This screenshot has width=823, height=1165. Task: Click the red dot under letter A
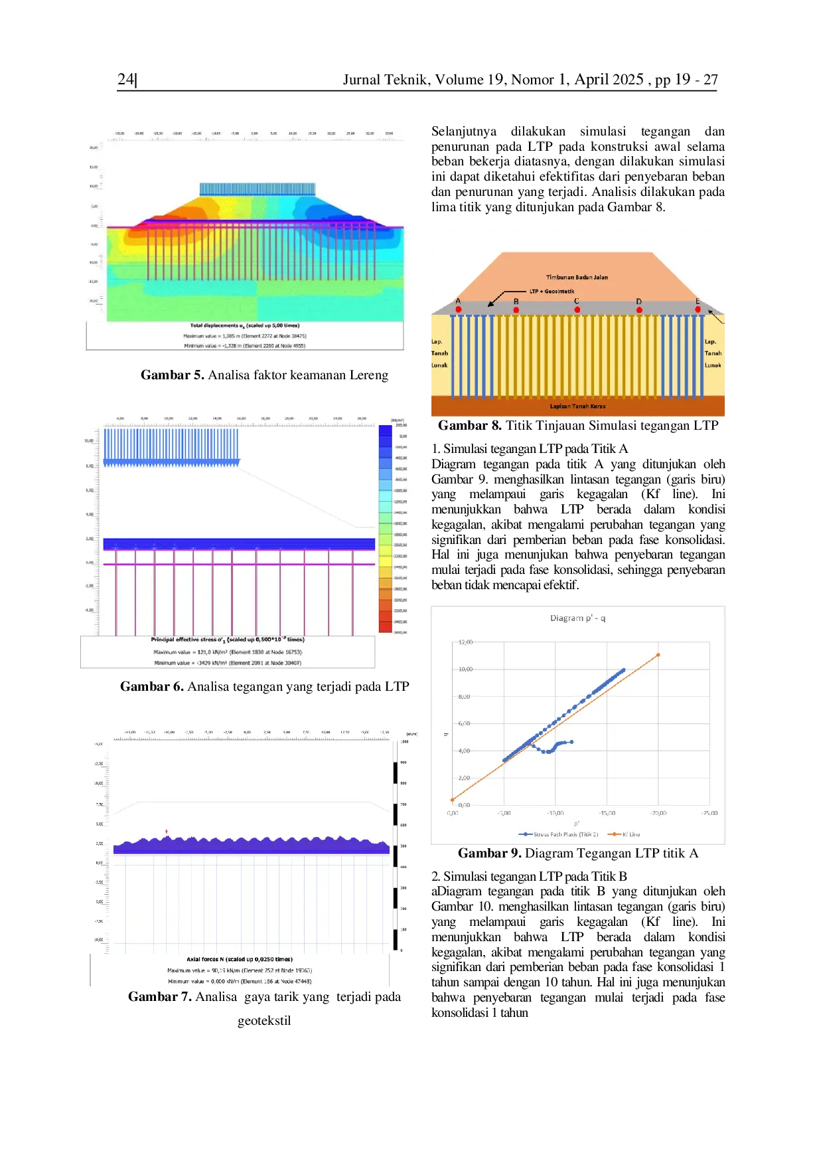click(x=459, y=310)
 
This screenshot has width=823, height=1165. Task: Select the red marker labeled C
click(x=577, y=310)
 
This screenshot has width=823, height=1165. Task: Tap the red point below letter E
click(x=698, y=310)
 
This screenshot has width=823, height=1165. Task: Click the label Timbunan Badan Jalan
click(x=577, y=278)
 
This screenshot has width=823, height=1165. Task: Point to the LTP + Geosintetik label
click(x=552, y=292)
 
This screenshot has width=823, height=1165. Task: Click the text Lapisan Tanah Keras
click(x=577, y=406)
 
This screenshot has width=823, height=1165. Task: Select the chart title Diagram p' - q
click(x=577, y=618)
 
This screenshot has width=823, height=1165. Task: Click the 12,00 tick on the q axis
click(x=465, y=642)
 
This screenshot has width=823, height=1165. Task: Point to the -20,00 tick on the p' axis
click(x=658, y=813)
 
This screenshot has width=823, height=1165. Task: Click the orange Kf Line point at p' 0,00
click(x=452, y=800)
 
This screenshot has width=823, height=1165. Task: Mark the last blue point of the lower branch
click(x=571, y=742)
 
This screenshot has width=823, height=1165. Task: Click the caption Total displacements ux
click(x=244, y=325)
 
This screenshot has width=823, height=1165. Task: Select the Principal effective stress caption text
click(x=227, y=640)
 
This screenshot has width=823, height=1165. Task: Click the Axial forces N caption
click(x=239, y=959)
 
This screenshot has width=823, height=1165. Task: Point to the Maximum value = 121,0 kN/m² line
click(x=227, y=652)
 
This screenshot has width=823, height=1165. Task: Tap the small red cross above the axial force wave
click(x=167, y=832)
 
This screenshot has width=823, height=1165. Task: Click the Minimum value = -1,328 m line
click(x=244, y=346)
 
